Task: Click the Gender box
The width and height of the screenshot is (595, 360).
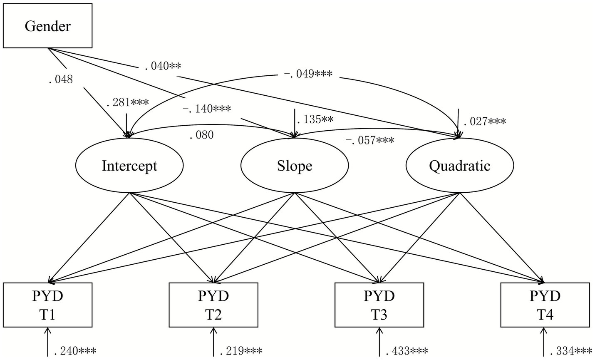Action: tap(47, 26)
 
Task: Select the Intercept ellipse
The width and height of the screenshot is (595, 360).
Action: tap(129, 166)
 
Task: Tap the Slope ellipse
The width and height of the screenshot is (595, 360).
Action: tap(295, 166)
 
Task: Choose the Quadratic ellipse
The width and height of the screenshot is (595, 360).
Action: tap(459, 166)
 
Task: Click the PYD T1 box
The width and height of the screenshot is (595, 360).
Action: tap(47, 305)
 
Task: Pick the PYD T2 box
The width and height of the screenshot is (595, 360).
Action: tap(213, 305)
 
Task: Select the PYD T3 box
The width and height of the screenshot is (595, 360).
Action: tap(379, 305)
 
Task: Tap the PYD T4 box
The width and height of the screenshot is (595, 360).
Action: tap(545, 305)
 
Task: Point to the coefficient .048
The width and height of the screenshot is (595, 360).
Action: tap(61, 79)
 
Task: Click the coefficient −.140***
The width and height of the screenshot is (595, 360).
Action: tap(206, 109)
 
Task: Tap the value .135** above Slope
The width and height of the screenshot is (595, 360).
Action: tap(314, 120)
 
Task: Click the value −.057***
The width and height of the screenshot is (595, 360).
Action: tap(369, 140)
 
